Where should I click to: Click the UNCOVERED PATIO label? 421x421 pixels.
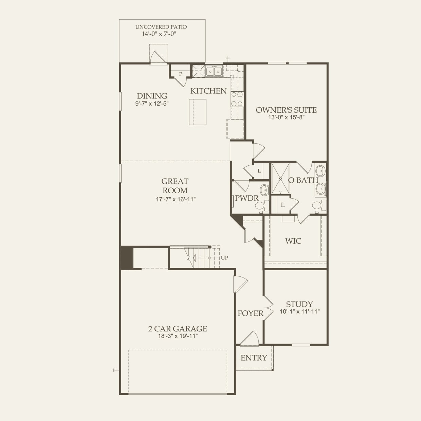161,27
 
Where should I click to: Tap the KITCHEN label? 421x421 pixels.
208,91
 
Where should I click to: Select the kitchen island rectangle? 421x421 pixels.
198,112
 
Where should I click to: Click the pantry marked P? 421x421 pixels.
181,74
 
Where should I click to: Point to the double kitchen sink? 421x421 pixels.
214,71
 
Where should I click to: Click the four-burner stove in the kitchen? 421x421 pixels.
237,99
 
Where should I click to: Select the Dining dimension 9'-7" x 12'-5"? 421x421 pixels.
152,104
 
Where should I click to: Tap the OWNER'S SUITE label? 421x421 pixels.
286,110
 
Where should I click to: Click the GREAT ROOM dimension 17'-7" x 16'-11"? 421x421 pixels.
176,199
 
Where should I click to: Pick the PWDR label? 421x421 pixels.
247,198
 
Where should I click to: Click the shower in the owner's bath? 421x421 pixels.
280,179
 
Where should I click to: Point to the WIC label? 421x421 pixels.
293,241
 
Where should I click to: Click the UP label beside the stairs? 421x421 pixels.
224,258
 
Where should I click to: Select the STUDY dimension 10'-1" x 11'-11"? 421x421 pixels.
299,312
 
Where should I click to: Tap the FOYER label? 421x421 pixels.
250,313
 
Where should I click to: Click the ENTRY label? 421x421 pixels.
254,358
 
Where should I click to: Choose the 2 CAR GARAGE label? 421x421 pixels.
178,328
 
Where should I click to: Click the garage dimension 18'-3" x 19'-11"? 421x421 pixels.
178,336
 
